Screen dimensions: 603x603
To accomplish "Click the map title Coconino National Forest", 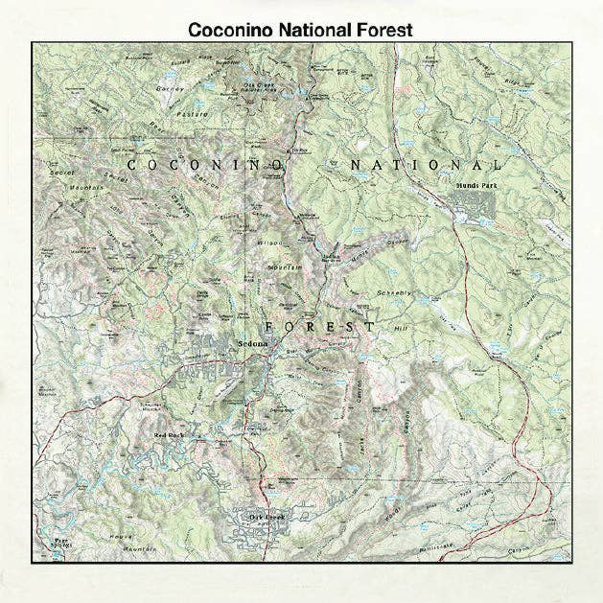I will (x=300, y=30).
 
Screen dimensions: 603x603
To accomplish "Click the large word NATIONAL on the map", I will (x=425, y=165).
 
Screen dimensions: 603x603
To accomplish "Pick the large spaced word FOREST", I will (x=319, y=326).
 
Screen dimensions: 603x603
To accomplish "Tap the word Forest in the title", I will (x=381, y=30).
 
